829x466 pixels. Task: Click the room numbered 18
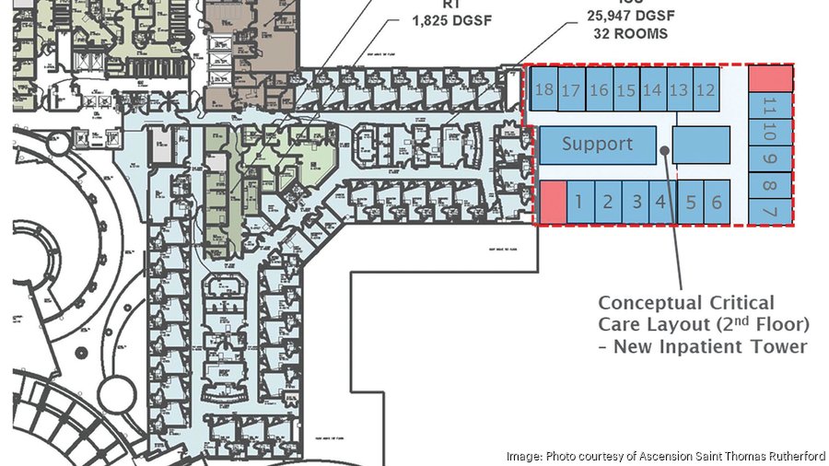[x=543, y=90]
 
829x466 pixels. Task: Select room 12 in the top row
[x=706, y=90]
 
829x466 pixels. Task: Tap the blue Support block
[x=597, y=145]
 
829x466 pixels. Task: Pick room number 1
[x=579, y=202]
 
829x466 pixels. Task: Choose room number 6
[x=718, y=203]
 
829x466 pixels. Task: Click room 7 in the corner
[x=770, y=211]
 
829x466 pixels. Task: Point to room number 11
[x=770, y=106]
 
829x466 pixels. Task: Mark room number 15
[x=626, y=90]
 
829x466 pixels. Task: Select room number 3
[x=636, y=202]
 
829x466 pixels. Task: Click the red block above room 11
[x=770, y=78]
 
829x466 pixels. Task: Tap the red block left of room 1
[x=552, y=202]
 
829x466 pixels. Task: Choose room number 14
[x=653, y=90]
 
